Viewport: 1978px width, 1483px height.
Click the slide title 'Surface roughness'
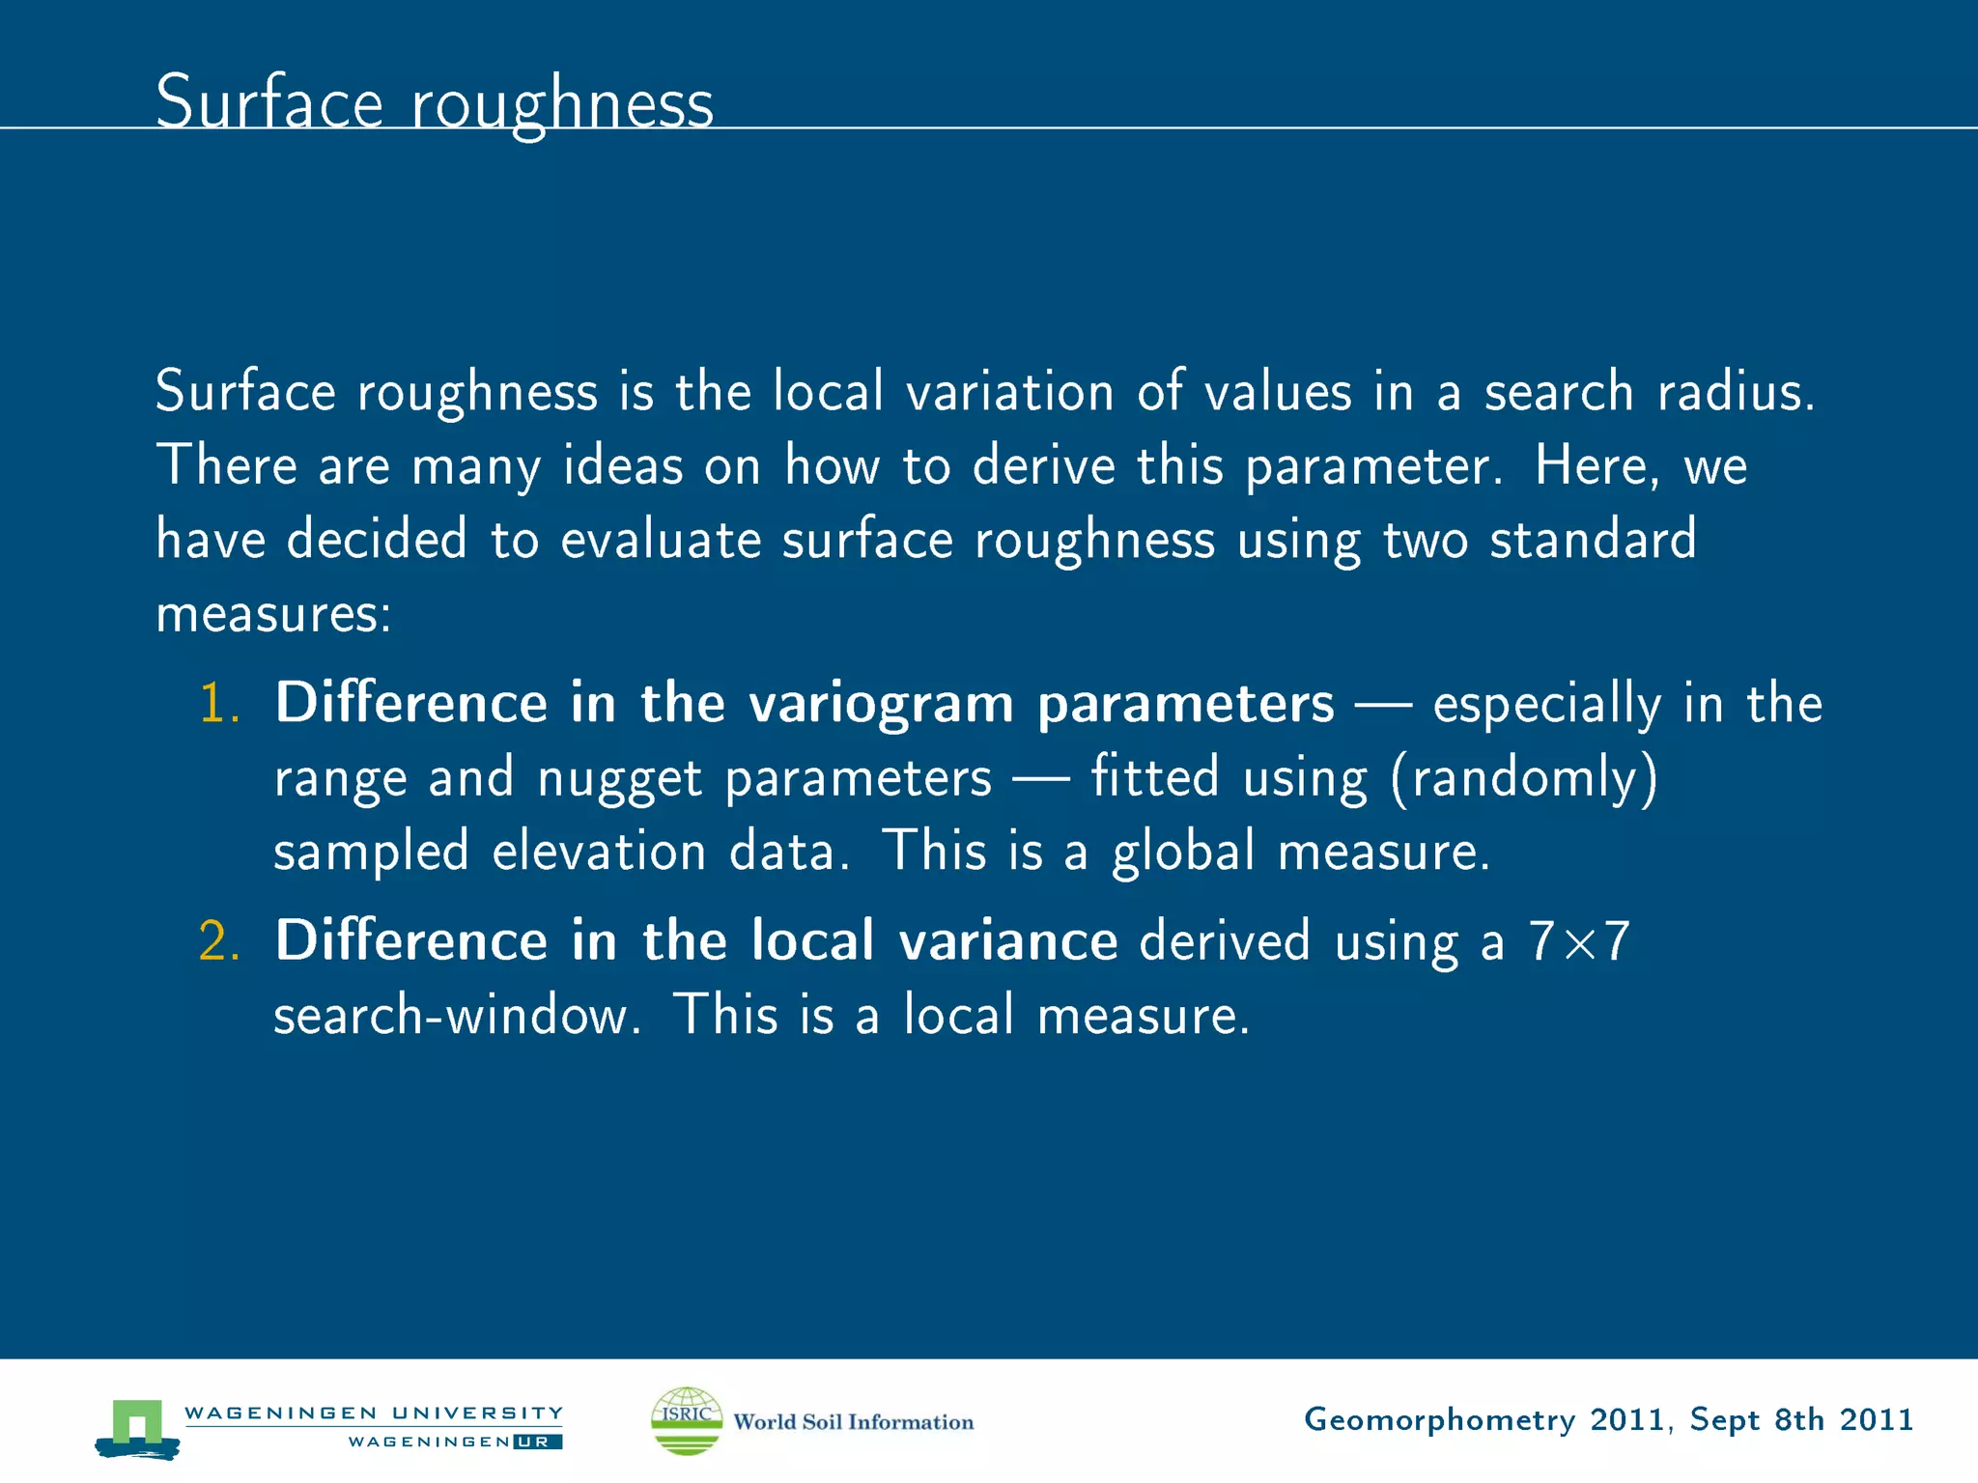(434, 102)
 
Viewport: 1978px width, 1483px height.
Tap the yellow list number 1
(217, 703)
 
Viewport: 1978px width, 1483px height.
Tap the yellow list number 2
(218, 941)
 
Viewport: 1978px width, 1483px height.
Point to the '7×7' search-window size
(1578, 941)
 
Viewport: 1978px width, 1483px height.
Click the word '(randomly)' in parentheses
(1524, 777)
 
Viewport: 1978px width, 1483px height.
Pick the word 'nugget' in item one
(619, 779)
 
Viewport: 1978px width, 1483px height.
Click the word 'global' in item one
(1182, 852)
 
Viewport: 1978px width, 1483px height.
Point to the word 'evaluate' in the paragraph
(661, 540)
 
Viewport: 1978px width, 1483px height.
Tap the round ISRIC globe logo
(686, 1420)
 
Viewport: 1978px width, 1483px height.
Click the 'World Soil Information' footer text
(853, 1422)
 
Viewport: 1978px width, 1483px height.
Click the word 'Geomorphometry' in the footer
(1439, 1420)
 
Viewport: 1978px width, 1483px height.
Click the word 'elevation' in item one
(599, 852)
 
